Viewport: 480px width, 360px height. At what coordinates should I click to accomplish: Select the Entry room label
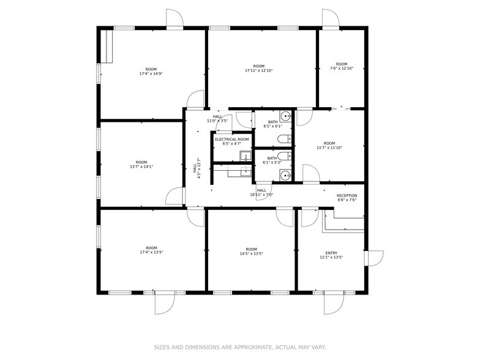click(331, 255)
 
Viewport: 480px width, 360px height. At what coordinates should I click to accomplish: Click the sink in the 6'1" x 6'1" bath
click(285, 115)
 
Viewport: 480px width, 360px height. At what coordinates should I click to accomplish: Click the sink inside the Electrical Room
click(244, 157)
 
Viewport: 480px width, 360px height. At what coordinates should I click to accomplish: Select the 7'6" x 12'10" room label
click(342, 66)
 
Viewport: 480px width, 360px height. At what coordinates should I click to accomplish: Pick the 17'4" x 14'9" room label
click(151, 71)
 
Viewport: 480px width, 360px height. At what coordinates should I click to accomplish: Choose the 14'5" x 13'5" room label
click(251, 251)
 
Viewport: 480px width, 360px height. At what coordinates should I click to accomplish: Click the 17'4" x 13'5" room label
click(151, 250)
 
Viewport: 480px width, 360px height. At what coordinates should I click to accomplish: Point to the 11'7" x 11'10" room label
click(329, 146)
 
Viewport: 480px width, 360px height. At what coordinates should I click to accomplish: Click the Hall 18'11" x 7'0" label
click(261, 193)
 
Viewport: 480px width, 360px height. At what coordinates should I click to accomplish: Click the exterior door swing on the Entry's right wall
click(374, 258)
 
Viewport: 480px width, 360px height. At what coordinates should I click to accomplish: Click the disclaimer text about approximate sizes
click(239, 347)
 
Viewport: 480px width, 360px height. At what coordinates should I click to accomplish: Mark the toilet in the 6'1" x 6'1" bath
click(285, 138)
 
